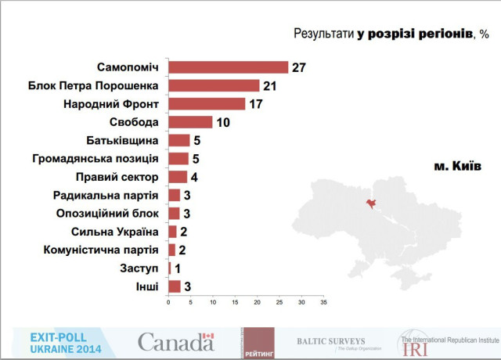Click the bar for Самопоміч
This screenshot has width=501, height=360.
pyautogui.click(x=228, y=67)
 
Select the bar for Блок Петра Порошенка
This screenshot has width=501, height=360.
pyautogui.click(x=214, y=85)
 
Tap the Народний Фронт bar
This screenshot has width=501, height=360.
pyautogui.click(x=207, y=103)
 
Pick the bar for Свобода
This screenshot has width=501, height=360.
pyautogui.click(x=190, y=122)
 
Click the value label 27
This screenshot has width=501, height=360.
pyautogui.click(x=298, y=67)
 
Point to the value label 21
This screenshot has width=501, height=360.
pyautogui.click(x=271, y=85)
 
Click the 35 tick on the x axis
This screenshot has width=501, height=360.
pyautogui.click(x=323, y=302)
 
